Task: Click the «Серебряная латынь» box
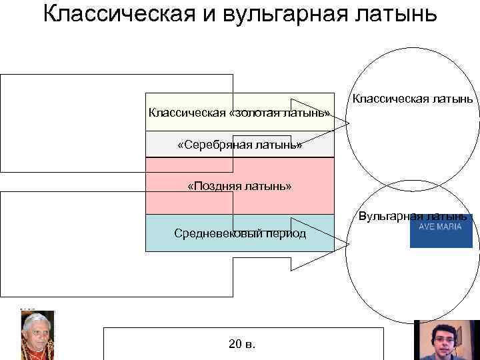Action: pos(239,145)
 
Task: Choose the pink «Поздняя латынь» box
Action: pos(239,186)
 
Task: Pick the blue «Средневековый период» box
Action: pos(239,233)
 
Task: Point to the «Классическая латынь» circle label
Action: pos(413,99)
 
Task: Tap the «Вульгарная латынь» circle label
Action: pos(413,216)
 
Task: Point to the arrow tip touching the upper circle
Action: pos(348,121)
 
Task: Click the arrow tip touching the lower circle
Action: pos(348,244)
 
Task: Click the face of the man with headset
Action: pos(444,337)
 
